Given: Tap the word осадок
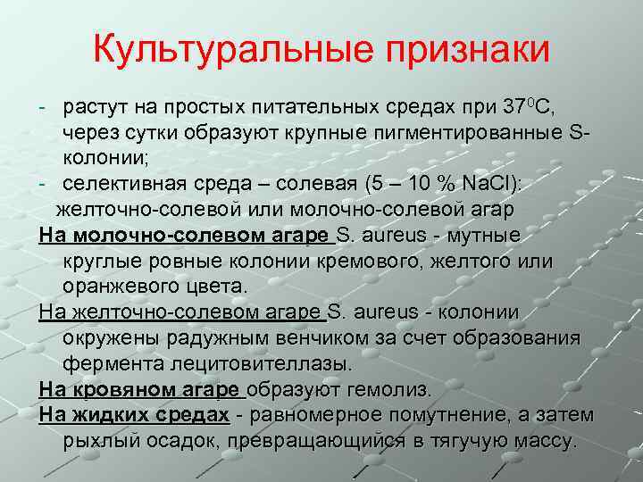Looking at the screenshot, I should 188,442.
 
